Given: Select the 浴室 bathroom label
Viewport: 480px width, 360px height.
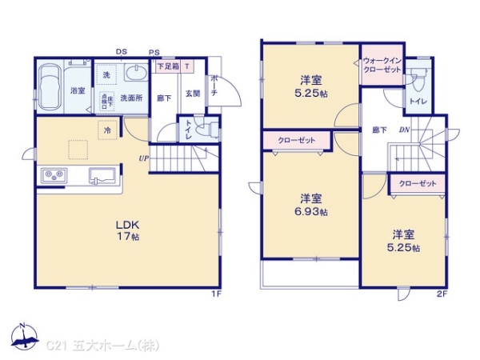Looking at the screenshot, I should click(x=78, y=90).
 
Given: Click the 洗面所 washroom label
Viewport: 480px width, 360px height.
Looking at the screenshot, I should click(x=132, y=98).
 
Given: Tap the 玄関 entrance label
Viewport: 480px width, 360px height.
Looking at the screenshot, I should click(x=193, y=94).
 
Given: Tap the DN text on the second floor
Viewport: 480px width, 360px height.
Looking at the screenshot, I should click(x=405, y=130).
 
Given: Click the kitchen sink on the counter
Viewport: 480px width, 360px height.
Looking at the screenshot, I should click(x=102, y=174).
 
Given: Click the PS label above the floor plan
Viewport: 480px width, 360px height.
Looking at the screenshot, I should click(x=153, y=53).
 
